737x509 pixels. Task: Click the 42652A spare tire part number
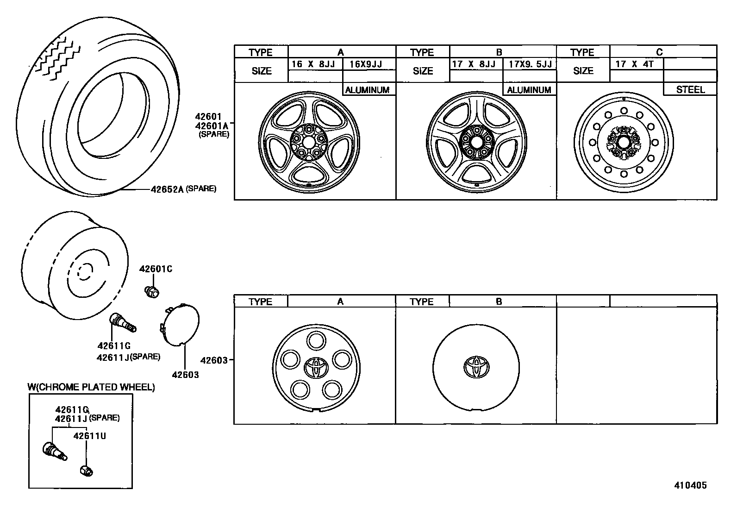pyautogui.click(x=167, y=189)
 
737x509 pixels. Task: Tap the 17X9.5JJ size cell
pyautogui.click(x=529, y=64)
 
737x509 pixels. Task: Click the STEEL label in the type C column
pyautogui.click(x=690, y=90)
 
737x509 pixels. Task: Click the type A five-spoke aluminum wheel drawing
pyautogui.click(x=309, y=140)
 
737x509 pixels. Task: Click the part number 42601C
pyautogui.click(x=156, y=269)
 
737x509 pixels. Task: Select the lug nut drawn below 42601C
pyautogui.click(x=151, y=292)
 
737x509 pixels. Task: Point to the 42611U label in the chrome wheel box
pyautogui.click(x=90, y=436)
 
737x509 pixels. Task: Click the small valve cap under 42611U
pyautogui.click(x=87, y=470)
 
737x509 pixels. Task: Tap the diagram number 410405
pyautogui.click(x=690, y=485)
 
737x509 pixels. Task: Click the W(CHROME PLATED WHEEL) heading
pyautogui.click(x=91, y=387)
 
